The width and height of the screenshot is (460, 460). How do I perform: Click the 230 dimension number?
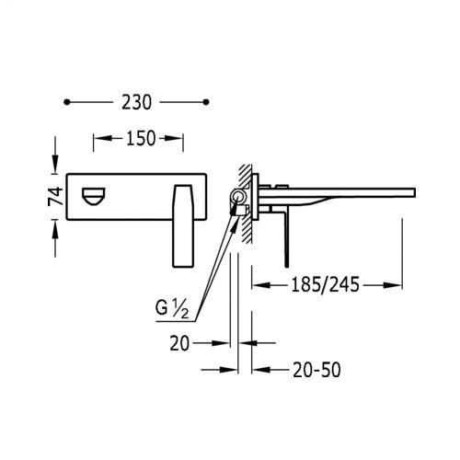point(136,102)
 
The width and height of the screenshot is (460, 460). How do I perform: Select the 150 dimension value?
point(141,138)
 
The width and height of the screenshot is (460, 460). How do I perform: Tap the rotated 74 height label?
point(55,196)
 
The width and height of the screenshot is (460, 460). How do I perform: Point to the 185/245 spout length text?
point(325,285)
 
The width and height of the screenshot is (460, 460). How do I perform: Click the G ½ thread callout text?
point(172,309)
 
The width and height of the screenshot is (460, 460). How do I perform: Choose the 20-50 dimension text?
point(316,370)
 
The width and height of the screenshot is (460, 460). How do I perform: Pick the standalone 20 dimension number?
point(179,343)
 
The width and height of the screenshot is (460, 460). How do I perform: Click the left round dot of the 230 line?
point(67,102)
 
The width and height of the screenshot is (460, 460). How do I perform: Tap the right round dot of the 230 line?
point(206,102)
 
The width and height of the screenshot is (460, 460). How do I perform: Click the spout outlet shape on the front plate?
point(94,196)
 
